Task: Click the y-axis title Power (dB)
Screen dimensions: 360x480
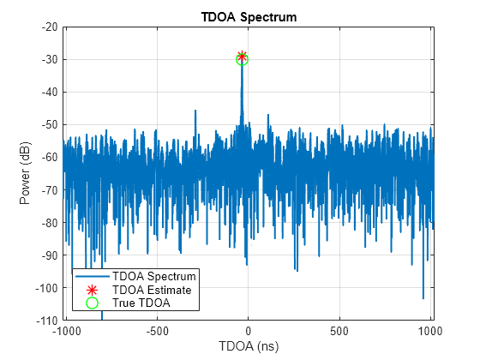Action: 27,173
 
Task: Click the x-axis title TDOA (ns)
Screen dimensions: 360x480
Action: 248,347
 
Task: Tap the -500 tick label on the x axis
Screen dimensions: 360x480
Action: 157,331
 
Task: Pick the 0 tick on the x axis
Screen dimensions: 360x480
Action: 249,331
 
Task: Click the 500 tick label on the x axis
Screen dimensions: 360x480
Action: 339,331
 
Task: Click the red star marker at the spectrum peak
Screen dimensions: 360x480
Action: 242,57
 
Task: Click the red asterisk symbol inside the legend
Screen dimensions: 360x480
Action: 92,290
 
